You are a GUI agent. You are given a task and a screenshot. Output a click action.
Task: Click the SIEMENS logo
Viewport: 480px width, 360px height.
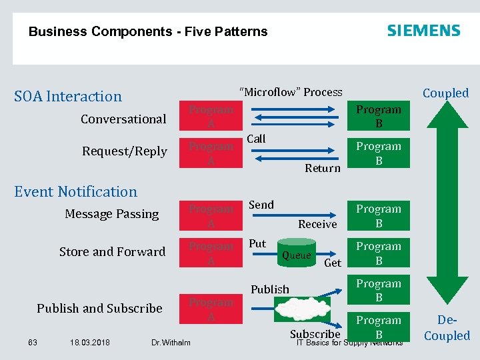[x=423, y=31]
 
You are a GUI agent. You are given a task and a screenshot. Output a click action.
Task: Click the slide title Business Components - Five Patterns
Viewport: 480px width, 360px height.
[x=148, y=31]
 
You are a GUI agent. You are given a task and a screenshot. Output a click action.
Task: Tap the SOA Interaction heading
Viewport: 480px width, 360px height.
[x=68, y=96]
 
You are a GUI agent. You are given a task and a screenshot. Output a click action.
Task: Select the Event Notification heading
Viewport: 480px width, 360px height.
[x=75, y=191]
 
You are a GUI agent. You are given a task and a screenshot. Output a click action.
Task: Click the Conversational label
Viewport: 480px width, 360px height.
[x=123, y=119]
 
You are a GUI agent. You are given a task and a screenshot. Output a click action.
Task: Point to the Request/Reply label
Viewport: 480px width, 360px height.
[x=125, y=151]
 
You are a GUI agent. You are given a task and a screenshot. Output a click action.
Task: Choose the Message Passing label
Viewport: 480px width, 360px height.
[x=112, y=214]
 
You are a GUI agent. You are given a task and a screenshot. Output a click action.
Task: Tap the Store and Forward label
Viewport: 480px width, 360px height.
[x=112, y=251]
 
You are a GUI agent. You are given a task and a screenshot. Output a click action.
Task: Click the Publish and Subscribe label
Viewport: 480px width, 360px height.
[x=99, y=308]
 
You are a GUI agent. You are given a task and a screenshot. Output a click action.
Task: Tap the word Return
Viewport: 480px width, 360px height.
[x=323, y=168]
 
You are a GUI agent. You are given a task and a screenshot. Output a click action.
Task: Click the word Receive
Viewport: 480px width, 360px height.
[x=317, y=224]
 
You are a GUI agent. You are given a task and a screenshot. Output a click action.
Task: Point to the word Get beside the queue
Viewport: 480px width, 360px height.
[x=332, y=263]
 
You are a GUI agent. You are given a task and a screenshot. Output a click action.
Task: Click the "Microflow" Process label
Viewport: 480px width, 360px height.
[x=291, y=92]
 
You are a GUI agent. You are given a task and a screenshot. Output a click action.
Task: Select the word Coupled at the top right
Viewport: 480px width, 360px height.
[x=445, y=93]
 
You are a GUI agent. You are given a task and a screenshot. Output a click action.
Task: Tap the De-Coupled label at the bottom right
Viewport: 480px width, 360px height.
[x=447, y=329]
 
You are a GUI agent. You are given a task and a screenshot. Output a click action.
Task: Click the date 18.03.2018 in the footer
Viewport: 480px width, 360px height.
[x=90, y=343]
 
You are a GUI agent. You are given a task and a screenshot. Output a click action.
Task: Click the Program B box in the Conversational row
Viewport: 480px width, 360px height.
[x=379, y=117]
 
